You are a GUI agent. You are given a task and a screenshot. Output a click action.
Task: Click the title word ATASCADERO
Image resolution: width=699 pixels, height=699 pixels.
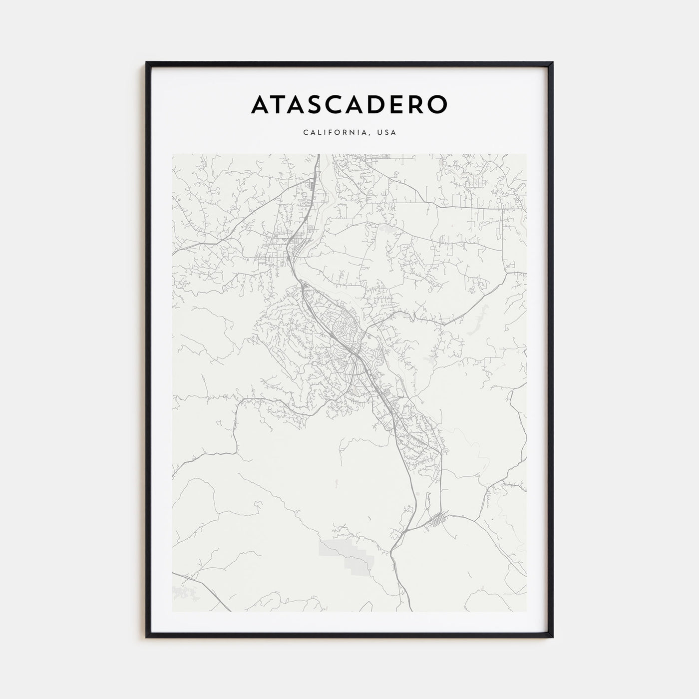(349, 104)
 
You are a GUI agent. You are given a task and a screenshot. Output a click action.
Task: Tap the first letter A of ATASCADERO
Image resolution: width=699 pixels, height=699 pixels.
(263, 104)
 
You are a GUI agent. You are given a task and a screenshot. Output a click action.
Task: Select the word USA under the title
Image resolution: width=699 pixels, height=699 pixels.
(387, 133)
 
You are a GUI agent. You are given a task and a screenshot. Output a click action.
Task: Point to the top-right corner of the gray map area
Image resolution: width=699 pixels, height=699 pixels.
(526, 154)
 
